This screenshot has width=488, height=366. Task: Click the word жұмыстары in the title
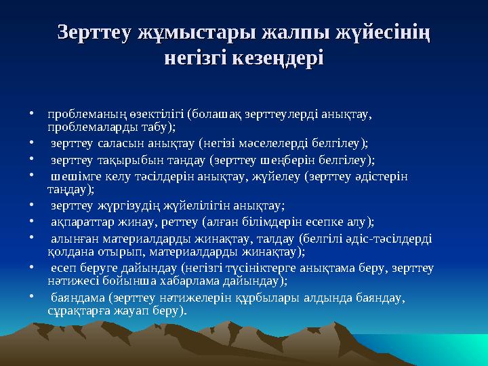[x=182, y=32]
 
